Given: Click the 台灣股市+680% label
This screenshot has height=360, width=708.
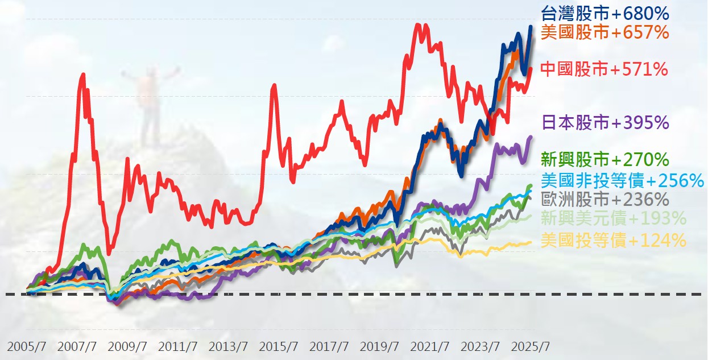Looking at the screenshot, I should (605, 13).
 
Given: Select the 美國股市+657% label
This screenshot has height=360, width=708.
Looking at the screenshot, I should (605, 32).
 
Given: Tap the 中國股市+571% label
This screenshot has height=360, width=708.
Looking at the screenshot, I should (603, 69).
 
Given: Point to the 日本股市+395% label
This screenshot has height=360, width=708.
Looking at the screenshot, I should (605, 122).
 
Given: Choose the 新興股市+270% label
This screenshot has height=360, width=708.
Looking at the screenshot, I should (605, 159).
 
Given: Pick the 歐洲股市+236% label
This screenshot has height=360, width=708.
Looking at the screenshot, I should (605, 200).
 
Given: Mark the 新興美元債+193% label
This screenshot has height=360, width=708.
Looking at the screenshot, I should (614, 218).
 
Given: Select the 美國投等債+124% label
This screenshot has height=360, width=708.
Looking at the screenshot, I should (614, 241).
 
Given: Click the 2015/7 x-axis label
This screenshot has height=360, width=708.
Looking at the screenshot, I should (279, 346).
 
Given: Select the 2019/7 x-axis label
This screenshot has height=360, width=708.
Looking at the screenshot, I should (379, 346).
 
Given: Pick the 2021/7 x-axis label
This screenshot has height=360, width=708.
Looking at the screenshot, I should (430, 346).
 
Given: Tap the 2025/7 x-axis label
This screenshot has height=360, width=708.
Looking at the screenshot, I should (530, 346).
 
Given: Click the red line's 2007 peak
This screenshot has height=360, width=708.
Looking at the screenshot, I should (84, 75).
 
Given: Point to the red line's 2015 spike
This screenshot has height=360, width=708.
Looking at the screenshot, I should (274, 86).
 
